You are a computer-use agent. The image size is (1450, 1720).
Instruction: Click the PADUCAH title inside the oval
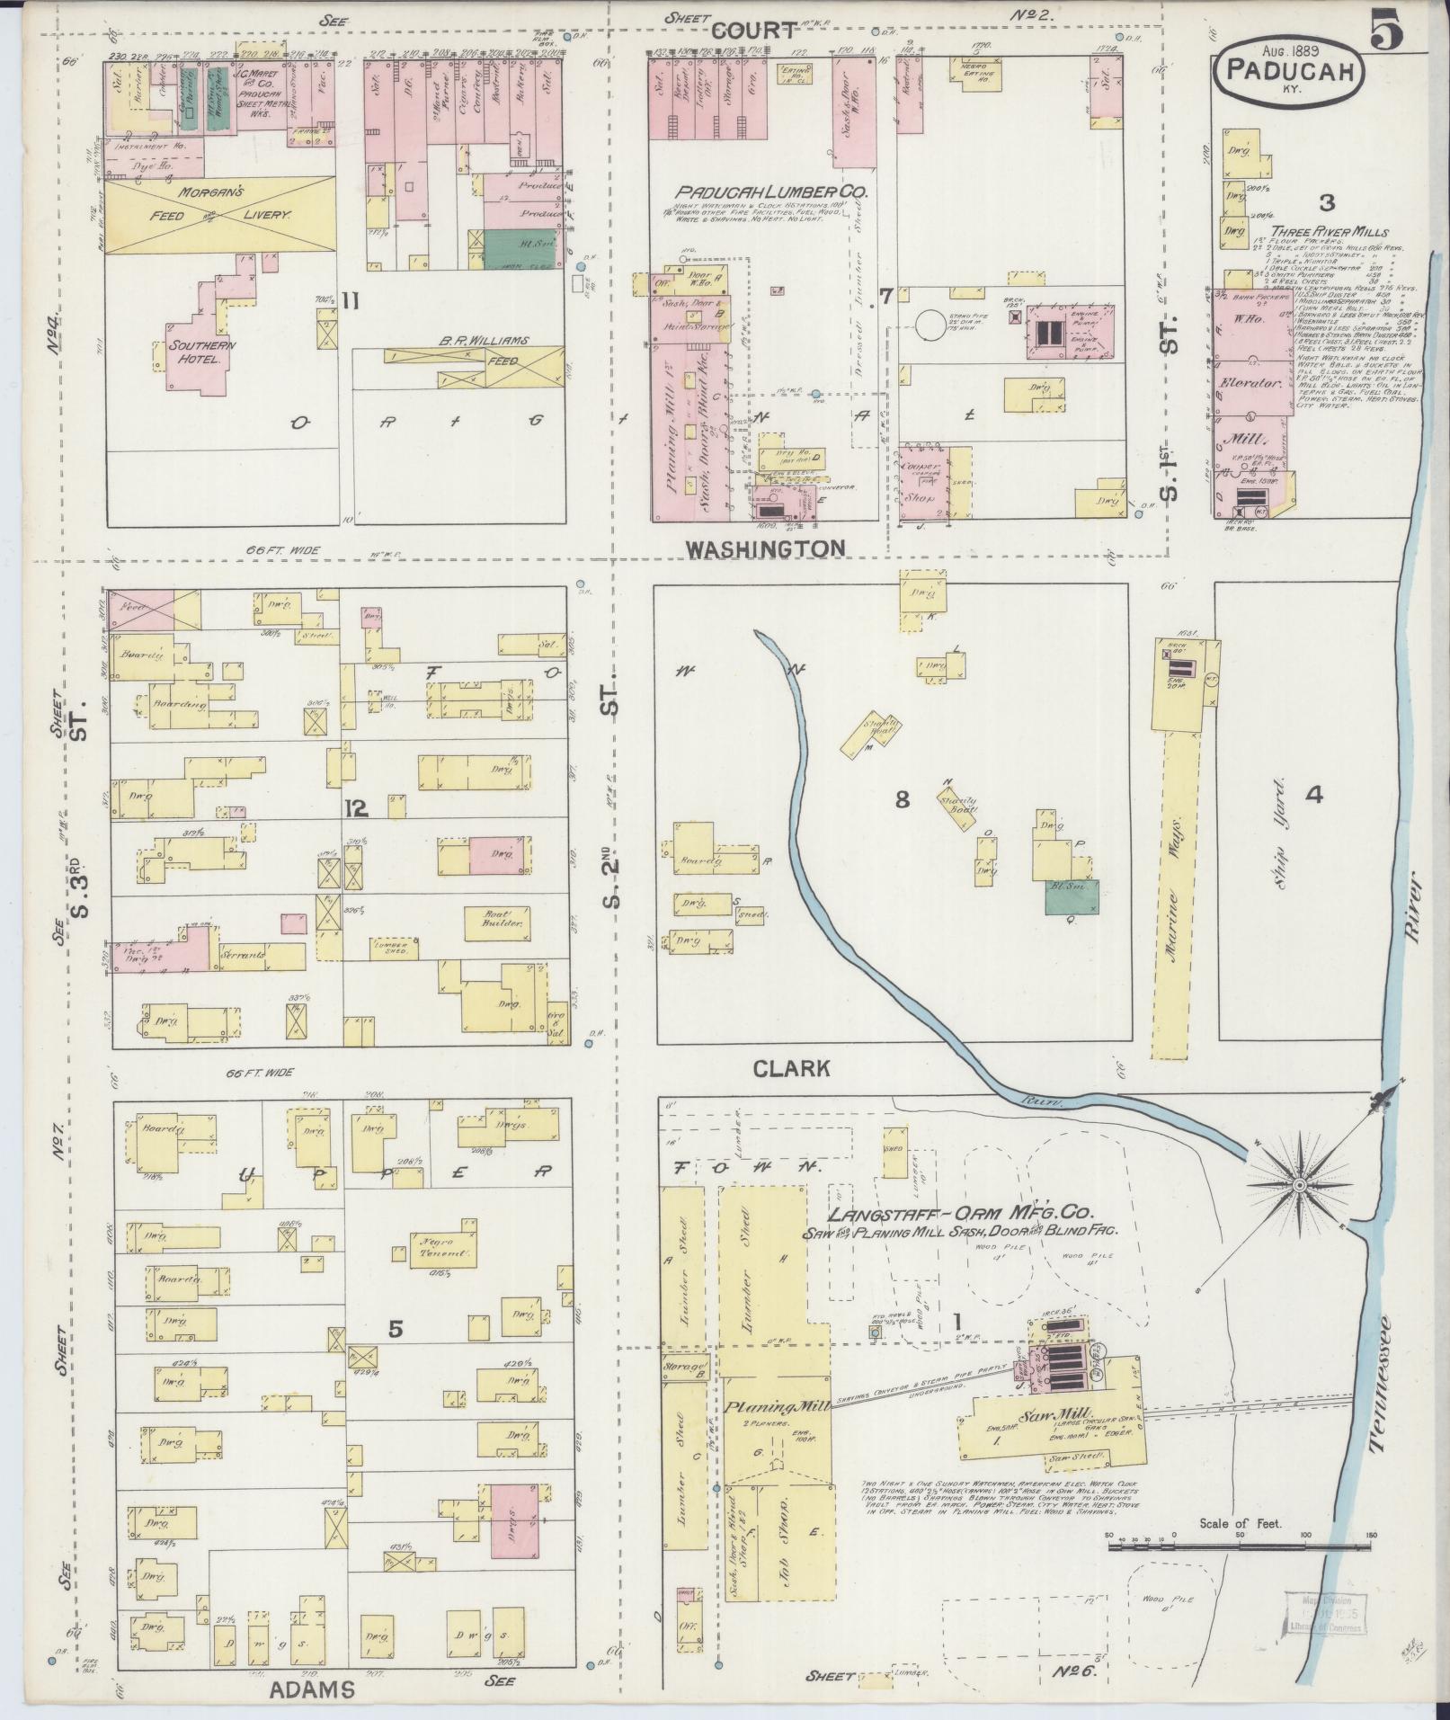(1289, 71)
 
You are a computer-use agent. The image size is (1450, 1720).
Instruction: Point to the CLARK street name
(791, 1068)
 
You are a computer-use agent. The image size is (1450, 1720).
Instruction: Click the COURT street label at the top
(753, 31)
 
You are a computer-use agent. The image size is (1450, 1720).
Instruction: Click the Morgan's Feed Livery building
(221, 216)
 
